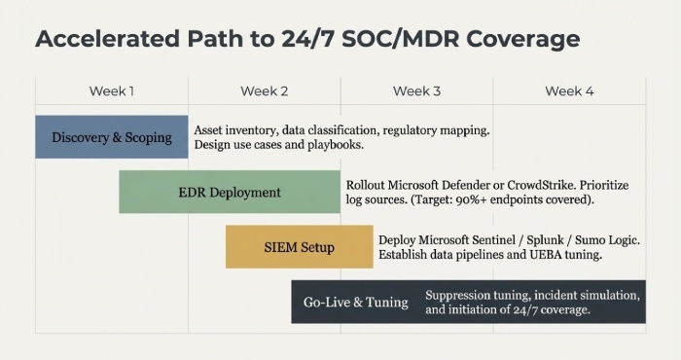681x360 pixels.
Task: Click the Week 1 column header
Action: pos(112,91)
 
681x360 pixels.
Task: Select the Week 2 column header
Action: pos(265,91)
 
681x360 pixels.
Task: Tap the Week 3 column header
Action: pos(416,91)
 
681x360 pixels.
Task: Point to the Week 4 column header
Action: pos(569,91)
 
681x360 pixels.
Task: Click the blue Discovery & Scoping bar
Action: pos(111,137)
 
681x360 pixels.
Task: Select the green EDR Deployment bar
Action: pos(229,192)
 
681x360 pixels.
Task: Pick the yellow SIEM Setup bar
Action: pos(299,247)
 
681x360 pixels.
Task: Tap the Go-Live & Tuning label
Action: pos(355,302)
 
